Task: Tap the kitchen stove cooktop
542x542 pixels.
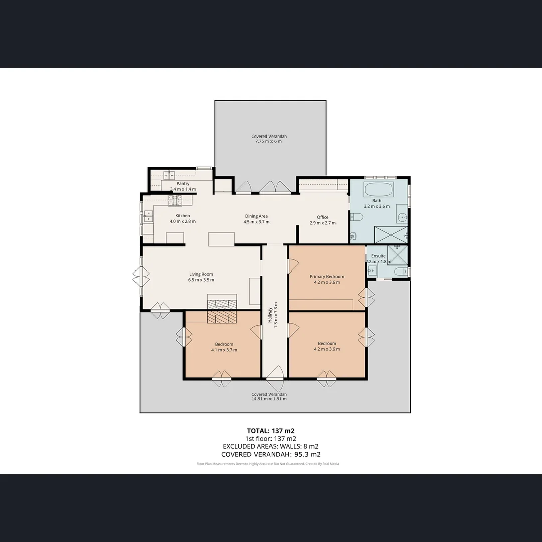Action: (x=175, y=201)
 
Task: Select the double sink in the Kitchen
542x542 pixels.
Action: (x=148, y=216)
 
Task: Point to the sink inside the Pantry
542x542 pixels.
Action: (x=169, y=175)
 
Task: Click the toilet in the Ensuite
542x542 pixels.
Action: (x=401, y=272)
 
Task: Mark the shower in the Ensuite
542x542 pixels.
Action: (x=397, y=255)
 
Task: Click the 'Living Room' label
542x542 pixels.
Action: (x=201, y=274)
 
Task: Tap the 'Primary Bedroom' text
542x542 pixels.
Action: (x=327, y=277)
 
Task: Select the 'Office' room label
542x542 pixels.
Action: (x=322, y=217)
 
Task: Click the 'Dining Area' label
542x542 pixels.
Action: (x=256, y=216)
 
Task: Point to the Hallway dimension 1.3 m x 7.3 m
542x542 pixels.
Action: (x=275, y=317)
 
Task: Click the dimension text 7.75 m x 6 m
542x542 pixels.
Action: (x=269, y=142)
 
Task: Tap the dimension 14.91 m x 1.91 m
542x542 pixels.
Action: (x=269, y=399)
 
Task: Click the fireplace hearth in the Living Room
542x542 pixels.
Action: (x=221, y=303)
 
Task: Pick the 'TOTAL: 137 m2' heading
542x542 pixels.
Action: (x=270, y=431)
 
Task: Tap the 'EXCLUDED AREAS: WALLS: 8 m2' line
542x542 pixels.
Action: (x=270, y=446)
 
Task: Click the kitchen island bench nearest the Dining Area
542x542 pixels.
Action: (x=221, y=239)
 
